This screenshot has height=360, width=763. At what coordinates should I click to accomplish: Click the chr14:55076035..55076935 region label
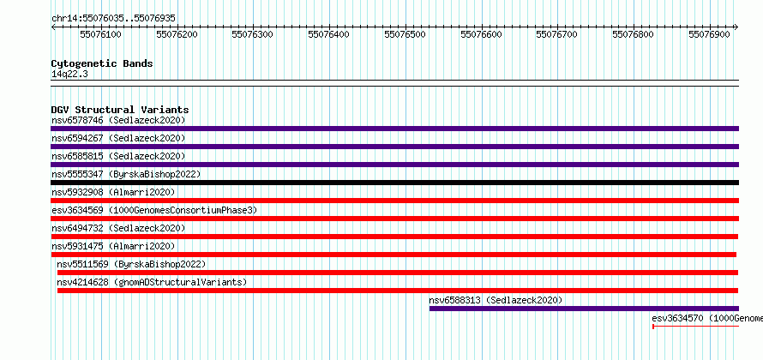(x=113, y=19)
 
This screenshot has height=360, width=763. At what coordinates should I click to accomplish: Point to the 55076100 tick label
(x=101, y=34)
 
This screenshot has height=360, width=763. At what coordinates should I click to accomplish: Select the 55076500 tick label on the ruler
(x=406, y=34)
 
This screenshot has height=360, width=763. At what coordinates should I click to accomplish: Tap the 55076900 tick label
(x=710, y=34)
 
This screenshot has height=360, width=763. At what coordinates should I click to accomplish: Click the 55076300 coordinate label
(x=253, y=34)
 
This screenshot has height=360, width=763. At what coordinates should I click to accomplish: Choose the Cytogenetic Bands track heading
(x=102, y=63)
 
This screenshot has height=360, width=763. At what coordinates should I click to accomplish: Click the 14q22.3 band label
(x=69, y=75)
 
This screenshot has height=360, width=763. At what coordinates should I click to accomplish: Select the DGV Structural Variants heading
(x=120, y=110)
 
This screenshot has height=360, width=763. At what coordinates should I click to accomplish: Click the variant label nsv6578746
(x=77, y=120)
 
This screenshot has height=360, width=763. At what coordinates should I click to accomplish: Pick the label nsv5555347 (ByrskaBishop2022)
(x=126, y=174)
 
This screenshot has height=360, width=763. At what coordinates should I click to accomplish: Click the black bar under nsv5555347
(x=394, y=183)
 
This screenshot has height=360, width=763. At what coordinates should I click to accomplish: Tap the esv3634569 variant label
(x=77, y=210)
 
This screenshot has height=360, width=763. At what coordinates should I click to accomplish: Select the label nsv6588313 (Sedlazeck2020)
(x=496, y=300)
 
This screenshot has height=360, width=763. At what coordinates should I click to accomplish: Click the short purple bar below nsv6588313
(x=584, y=309)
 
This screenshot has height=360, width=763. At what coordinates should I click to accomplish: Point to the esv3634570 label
(x=677, y=318)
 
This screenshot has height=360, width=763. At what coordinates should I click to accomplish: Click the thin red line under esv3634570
(x=695, y=327)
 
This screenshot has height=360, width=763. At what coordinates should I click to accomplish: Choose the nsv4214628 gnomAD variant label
(x=152, y=282)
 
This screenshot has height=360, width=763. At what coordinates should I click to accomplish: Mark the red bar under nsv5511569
(x=398, y=273)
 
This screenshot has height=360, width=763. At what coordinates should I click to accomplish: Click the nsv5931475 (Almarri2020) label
(x=113, y=246)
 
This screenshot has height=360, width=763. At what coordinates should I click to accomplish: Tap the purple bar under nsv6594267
(x=394, y=147)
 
